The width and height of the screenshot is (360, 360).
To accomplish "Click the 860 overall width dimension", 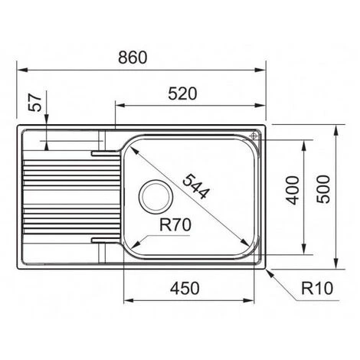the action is [x=133, y=57].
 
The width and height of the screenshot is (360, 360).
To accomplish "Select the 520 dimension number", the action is [x=182, y=93].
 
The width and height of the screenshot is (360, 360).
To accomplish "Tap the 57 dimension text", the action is [x=35, y=102].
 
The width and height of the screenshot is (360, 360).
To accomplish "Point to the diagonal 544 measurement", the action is [x=196, y=186].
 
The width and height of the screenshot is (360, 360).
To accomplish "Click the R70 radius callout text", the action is [x=175, y=224].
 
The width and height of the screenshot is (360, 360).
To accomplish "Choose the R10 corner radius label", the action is [x=317, y=288].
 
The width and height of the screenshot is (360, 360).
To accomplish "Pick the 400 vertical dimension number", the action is [x=293, y=191].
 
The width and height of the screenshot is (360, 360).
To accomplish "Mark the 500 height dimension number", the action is [x=323, y=189].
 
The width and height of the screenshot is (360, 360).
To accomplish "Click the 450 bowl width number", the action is [x=185, y=289].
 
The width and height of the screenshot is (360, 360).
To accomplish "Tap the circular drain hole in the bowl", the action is [x=155, y=196].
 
